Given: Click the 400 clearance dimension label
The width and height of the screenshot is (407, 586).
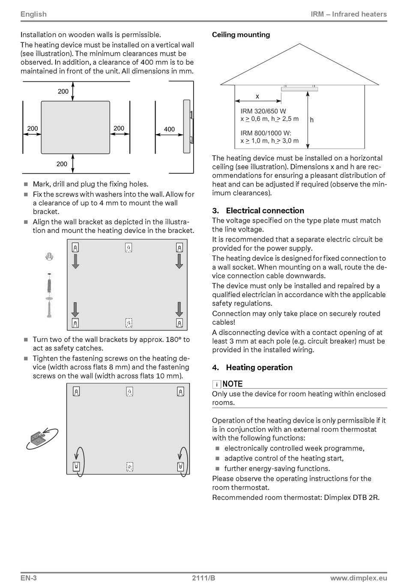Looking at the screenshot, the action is click(169, 129).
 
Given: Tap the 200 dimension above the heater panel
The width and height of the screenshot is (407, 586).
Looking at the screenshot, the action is click(63, 91).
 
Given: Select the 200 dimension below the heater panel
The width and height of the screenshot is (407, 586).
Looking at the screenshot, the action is click(62, 164).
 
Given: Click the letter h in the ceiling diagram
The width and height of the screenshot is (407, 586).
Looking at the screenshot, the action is click(311, 120).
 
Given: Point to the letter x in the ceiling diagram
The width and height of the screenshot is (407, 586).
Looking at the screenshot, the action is click(257, 96).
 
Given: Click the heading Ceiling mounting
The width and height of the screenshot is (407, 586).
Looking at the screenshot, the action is click(241, 35).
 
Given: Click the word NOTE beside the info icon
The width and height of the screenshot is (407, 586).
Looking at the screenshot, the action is click(233, 384).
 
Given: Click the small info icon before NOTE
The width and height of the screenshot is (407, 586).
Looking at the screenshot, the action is click(217, 384).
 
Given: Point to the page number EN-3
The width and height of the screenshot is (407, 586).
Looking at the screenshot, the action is click(29, 578).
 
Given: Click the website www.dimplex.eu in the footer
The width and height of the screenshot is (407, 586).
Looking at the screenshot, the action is click(359, 578).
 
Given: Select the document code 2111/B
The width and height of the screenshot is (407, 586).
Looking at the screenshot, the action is click(203, 578).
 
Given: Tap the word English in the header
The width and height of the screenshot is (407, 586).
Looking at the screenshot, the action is click(33, 14).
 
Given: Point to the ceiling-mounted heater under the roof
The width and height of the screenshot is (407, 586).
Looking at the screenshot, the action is click(299, 89).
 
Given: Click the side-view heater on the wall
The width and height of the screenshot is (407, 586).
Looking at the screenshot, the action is click(187, 126).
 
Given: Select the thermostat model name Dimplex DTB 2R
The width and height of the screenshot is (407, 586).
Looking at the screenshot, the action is click(351, 497).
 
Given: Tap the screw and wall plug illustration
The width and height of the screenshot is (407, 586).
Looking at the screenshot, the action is click(49, 295).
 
